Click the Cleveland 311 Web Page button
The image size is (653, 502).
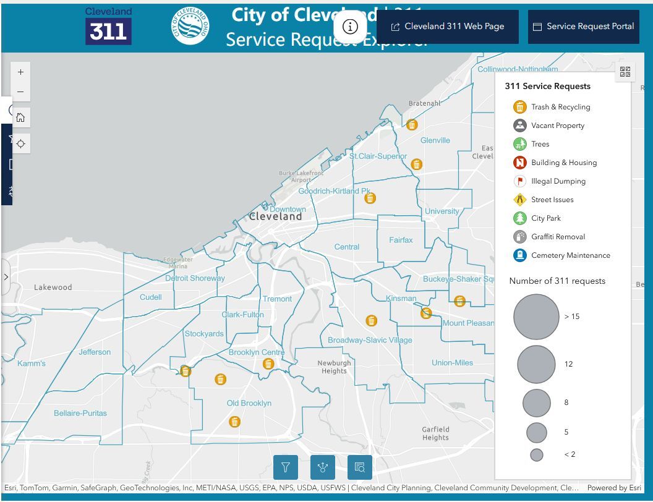(x=448, y=27)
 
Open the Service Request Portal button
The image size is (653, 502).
(x=584, y=27)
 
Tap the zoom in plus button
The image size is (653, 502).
(x=20, y=72)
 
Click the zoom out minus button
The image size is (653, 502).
(x=20, y=92)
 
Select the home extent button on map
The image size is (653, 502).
(x=20, y=117)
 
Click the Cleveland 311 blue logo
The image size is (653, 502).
(x=108, y=27)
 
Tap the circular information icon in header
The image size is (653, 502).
(x=350, y=27)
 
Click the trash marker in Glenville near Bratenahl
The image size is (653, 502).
(x=412, y=124)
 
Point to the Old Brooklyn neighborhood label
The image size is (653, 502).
(x=249, y=403)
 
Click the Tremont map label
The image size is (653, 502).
(x=277, y=299)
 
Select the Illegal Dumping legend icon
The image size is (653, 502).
(x=519, y=181)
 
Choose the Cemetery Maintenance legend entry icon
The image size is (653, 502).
(x=519, y=255)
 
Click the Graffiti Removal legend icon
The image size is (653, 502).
(x=519, y=237)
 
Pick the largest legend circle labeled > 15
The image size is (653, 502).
(x=536, y=317)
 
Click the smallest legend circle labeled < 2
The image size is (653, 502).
(x=536, y=454)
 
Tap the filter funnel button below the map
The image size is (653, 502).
(x=286, y=467)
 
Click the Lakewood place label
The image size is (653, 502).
(x=53, y=287)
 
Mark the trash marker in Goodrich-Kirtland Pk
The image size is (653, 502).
(x=370, y=198)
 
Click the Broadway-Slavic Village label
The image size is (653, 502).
(x=370, y=340)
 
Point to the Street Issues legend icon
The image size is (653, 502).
(x=519, y=200)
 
